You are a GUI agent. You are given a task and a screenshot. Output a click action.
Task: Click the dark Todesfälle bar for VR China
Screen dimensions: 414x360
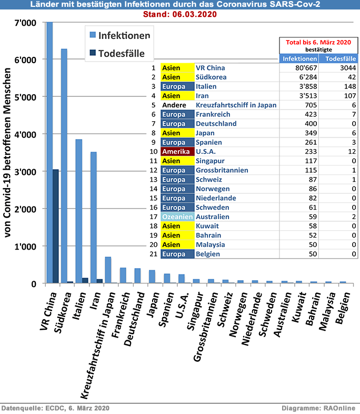(x=55, y=226)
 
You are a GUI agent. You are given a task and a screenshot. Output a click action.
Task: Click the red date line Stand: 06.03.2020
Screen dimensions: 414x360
(x=179, y=14)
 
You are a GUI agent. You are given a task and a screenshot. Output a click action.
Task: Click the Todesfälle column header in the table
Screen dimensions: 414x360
(x=338, y=58)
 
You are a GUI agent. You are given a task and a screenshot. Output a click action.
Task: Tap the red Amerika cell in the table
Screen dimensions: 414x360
(x=176, y=152)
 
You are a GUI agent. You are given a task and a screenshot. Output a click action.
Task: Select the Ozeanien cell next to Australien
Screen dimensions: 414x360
(x=176, y=216)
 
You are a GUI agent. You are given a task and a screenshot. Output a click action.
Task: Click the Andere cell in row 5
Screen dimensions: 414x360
(x=176, y=105)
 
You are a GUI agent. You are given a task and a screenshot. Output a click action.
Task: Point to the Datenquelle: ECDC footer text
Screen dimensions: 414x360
(x=55, y=408)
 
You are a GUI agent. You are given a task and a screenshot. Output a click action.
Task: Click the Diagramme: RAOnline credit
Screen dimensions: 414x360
(x=318, y=408)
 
